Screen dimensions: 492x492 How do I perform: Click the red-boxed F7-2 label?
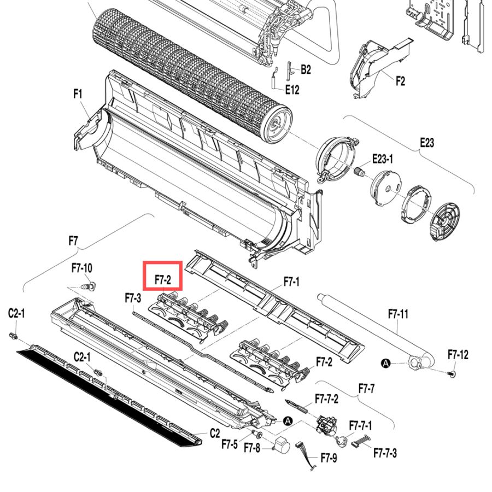tap(163, 279)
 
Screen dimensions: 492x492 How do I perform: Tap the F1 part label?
tap(78, 94)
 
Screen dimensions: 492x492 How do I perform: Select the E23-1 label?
tap(383, 159)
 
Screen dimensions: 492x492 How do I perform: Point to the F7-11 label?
tap(398, 313)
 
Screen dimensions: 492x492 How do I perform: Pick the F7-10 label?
tap(82, 268)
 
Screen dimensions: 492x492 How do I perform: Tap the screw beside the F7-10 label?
tap(89, 286)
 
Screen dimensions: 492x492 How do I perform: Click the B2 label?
tap(306, 69)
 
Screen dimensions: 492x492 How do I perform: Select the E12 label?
tap(292, 90)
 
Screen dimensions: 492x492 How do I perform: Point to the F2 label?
tap(400, 81)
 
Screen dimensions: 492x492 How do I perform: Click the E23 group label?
tap(427, 143)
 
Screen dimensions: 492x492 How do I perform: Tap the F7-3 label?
tap(133, 298)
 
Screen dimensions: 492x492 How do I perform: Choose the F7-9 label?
tap(329, 458)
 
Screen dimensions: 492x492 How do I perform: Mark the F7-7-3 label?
tap(385, 453)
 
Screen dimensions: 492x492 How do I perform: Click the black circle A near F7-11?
tap(386, 364)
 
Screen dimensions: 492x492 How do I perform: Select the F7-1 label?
tap(291, 282)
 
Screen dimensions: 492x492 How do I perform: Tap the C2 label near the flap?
tap(215, 433)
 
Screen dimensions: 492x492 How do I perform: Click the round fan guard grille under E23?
tap(445, 221)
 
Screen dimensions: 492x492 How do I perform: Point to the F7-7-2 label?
tap(327, 399)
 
